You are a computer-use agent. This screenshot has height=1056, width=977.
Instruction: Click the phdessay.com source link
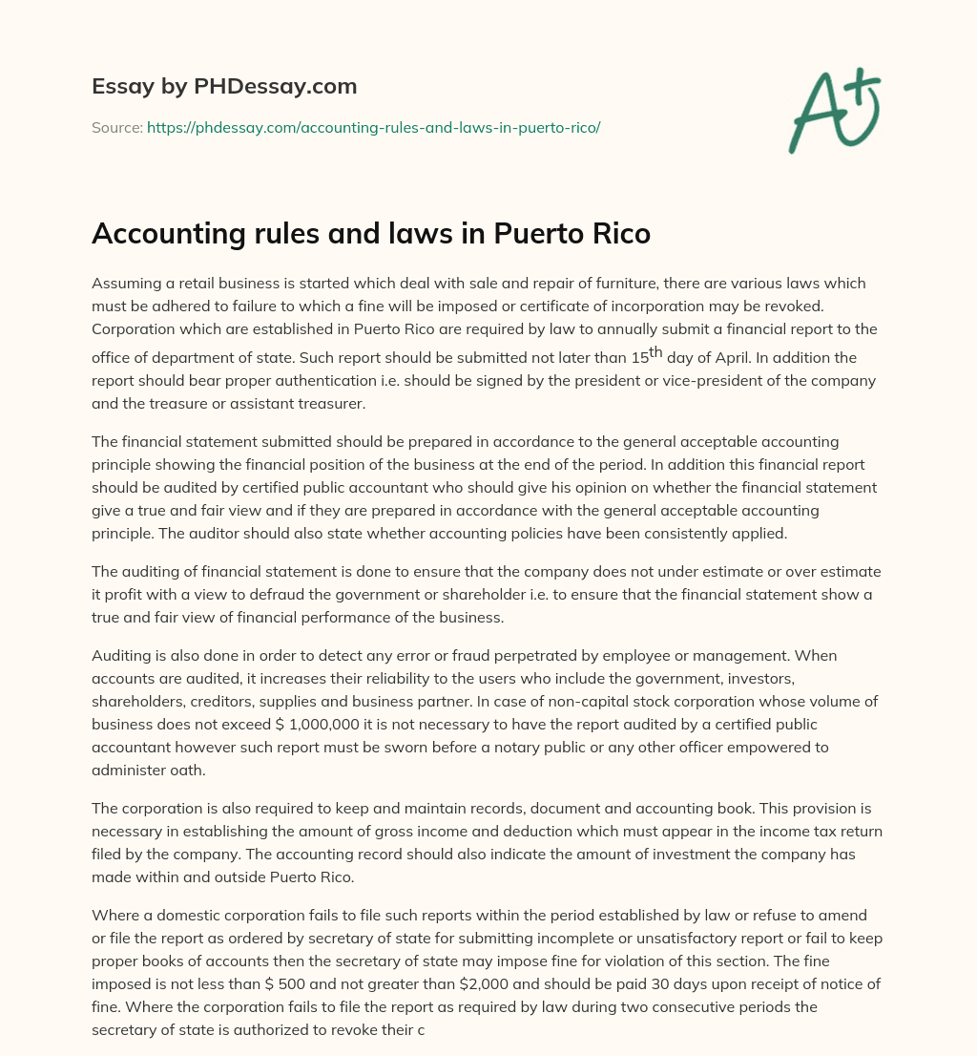pyautogui.click(x=373, y=127)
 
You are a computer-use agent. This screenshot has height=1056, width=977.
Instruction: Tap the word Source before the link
pyautogui.click(x=116, y=127)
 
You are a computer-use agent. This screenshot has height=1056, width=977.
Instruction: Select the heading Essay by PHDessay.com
pyautogui.click(x=224, y=86)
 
